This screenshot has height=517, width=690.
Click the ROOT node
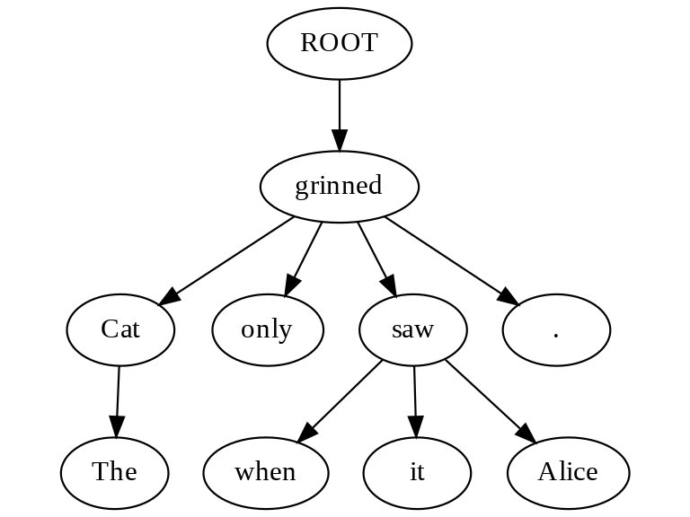(340, 43)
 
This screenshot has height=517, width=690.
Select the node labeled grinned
(340, 187)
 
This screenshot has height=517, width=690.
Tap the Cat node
(120, 329)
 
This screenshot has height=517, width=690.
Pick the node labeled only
(267, 329)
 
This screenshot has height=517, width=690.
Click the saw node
(413, 329)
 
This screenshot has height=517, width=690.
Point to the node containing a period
(556, 329)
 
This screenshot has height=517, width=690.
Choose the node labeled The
(114, 472)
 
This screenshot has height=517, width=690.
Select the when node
(266, 472)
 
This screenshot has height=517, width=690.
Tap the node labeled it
(417, 472)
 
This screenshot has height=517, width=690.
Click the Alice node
(568, 472)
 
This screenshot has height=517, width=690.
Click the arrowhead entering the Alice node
(526, 435)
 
